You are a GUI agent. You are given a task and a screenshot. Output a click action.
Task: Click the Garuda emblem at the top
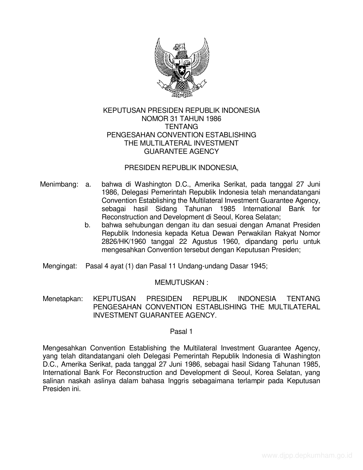click(181, 67)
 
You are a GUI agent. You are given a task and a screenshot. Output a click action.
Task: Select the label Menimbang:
click(59, 184)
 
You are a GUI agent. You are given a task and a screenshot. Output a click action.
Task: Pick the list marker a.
click(88, 184)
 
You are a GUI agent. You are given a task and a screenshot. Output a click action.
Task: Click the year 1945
click(259, 266)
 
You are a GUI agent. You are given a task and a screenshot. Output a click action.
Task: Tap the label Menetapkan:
click(63, 299)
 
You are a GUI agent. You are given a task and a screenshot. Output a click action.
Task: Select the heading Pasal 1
click(181, 332)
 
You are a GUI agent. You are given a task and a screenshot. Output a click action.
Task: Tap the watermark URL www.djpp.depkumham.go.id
click(307, 456)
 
